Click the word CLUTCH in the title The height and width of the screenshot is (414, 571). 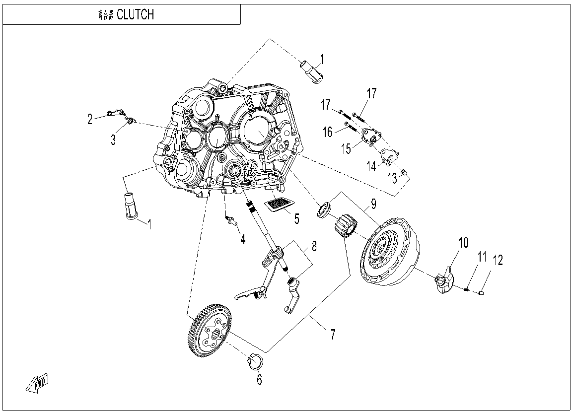pos(135,14)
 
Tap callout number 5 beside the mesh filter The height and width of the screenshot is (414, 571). pos(296,218)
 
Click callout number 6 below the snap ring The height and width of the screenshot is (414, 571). pos(259,380)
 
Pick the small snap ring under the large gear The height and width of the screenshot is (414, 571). pos(254,362)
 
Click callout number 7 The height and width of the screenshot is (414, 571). pos(333,334)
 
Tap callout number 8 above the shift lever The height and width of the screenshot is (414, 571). pos(314,246)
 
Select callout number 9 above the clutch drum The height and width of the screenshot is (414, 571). pos(373,203)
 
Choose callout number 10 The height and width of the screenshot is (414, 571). pos(463,243)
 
